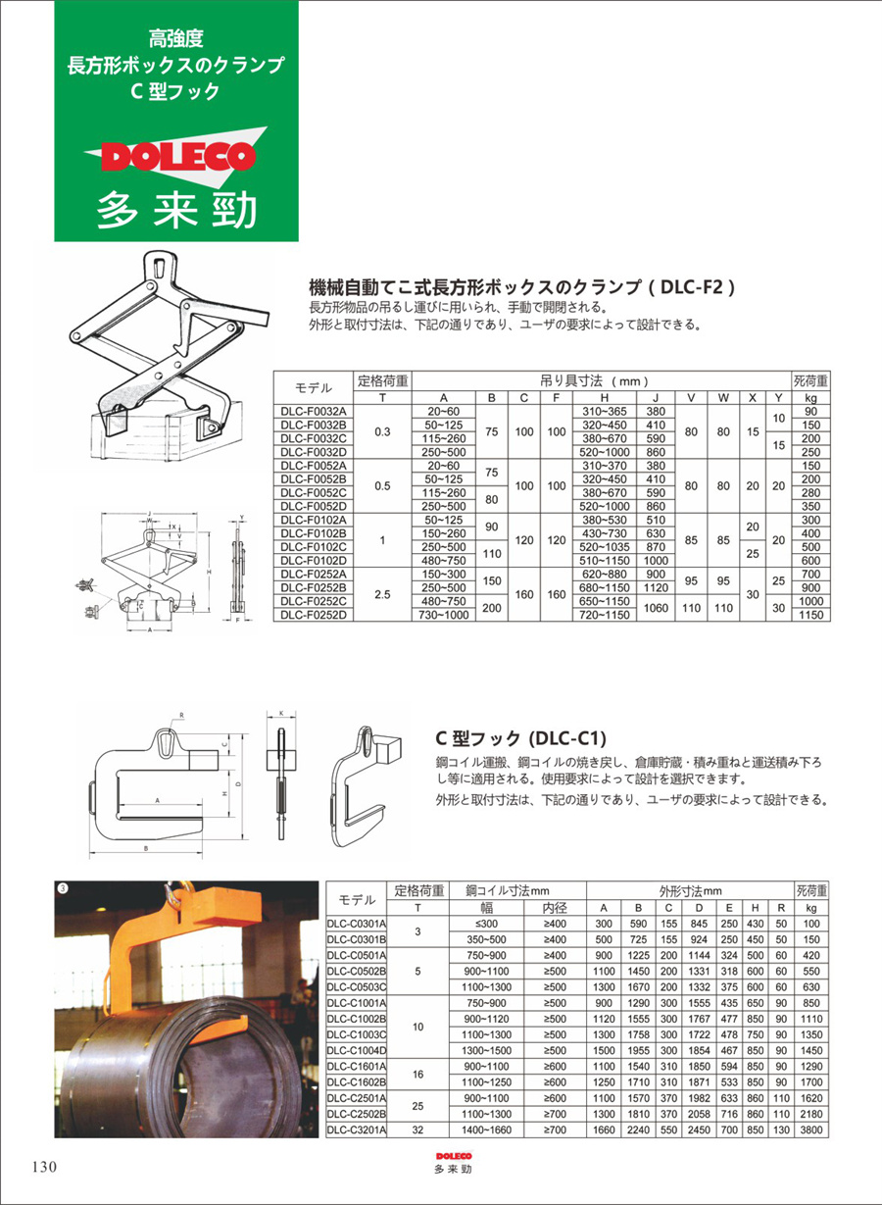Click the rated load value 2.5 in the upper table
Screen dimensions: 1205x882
382,594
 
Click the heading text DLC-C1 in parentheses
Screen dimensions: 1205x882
567,737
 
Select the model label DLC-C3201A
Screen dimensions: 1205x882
357,1130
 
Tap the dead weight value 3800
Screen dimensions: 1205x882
810,1130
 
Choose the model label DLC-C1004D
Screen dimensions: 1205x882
357,1049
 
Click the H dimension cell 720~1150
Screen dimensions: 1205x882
605,615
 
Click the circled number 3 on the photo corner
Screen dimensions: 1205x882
63,888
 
